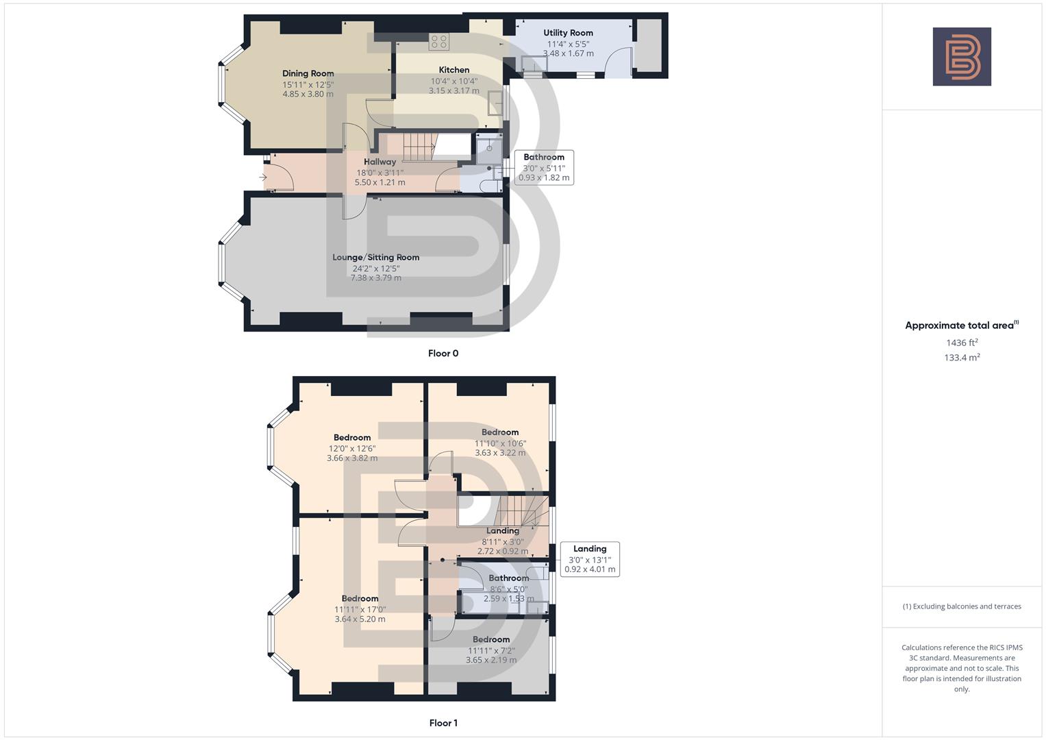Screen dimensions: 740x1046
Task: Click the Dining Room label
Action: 308,73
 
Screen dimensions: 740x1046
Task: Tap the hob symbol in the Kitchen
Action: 438,42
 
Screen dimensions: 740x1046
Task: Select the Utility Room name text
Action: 568,33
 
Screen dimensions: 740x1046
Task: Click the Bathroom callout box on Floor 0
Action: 544,167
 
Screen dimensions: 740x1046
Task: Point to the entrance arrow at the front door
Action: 263,177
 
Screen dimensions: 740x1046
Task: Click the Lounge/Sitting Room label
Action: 375,258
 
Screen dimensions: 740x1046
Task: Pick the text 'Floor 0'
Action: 443,354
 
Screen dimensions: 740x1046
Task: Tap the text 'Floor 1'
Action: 443,723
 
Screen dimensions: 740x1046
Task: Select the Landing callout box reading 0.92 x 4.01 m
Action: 590,559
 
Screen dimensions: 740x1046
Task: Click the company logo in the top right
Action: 962,57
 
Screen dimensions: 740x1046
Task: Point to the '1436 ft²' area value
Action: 962,343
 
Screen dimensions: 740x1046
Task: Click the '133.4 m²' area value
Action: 962,357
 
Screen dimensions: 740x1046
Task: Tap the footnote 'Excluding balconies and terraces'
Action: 962,606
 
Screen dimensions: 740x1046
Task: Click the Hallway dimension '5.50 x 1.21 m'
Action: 379,183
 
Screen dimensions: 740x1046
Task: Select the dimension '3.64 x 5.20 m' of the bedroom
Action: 360,619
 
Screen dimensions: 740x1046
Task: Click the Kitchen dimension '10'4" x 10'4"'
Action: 454,81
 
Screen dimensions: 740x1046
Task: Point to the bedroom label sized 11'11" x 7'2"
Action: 491,640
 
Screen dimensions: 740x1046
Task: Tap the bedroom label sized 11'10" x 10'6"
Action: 500,432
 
